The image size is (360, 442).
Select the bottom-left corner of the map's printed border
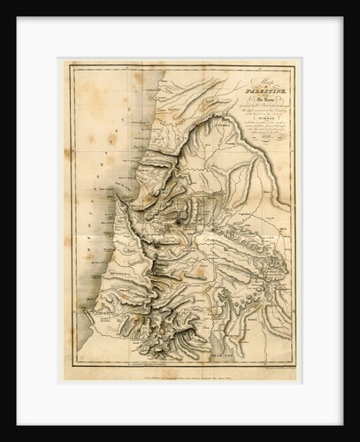[73, 362]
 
